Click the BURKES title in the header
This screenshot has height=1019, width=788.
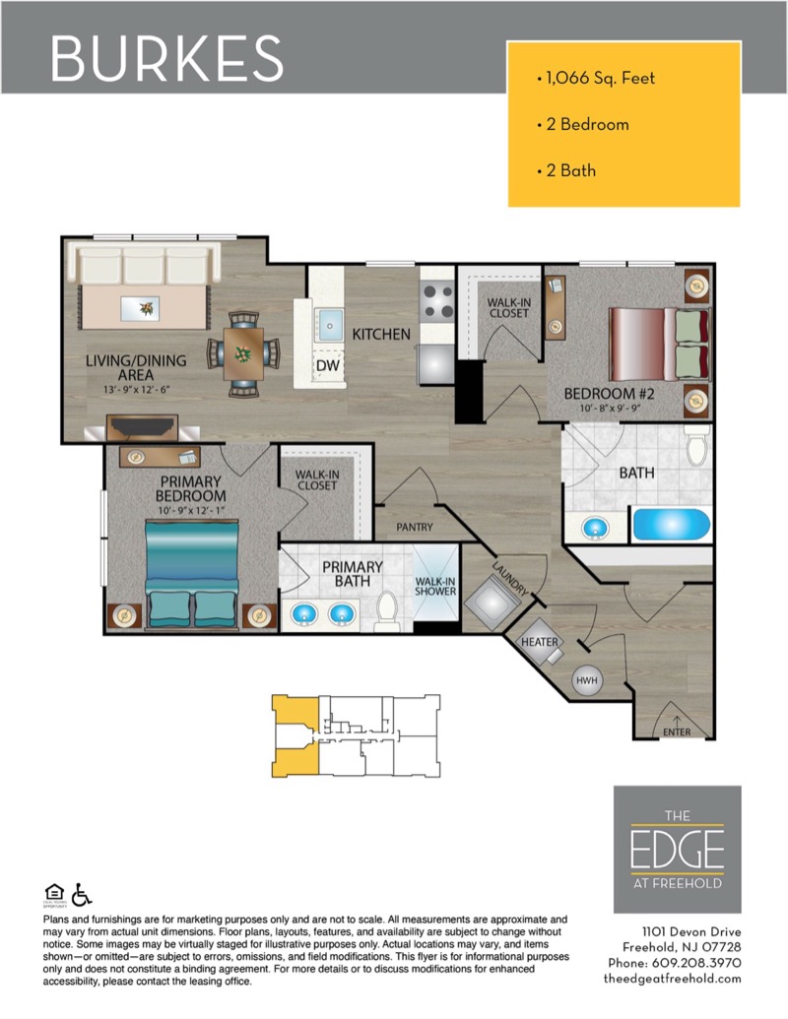[x=166, y=58]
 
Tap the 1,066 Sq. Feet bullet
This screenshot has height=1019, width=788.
[x=596, y=79]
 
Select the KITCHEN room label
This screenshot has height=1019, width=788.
[x=381, y=334]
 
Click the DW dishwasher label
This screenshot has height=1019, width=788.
[x=328, y=365]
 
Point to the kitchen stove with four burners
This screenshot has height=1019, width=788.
[x=437, y=301]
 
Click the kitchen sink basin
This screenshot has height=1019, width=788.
[x=330, y=324]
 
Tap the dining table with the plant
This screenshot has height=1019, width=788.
[x=243, y=353]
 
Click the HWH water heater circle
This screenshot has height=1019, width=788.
[x=586, y=680]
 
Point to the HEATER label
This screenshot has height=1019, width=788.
[x=539, y=642]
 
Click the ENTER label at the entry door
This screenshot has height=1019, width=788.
[x=677, y=732]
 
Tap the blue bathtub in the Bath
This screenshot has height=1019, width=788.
[x=671, y=525]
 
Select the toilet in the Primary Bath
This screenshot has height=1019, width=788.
[x=387, y=610]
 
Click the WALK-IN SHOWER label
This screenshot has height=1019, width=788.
[x=435, y=586]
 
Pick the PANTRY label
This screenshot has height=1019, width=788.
[x=414, y=527]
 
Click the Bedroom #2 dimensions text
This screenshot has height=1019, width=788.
[x=609, y=409]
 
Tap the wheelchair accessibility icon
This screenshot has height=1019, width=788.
[x=82, y=894]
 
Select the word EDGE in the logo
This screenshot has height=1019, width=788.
[x=677, y=849]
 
